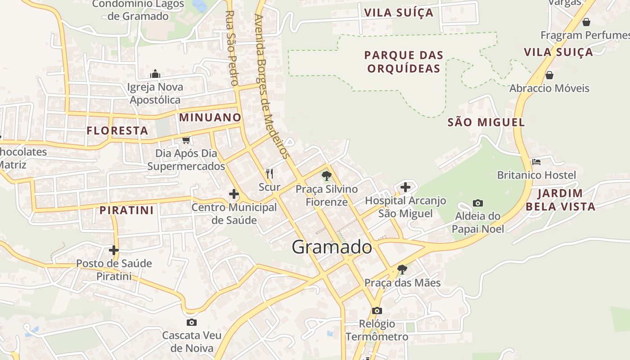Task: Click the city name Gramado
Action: (x=332, y=247)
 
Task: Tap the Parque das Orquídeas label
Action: (x=404, y=62)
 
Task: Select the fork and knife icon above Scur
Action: (x=270, y=173)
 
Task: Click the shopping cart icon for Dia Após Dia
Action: (x=186, y=140)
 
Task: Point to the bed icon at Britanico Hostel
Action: (x=536, y=162)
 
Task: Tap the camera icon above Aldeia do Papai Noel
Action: (x=478, y=203)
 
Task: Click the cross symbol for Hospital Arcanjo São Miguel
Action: (x=405, y=187)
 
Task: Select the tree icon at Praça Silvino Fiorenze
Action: (x=327, y=176)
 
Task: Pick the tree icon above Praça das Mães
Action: (x=402, y=270)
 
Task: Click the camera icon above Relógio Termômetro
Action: (x=377, y=310)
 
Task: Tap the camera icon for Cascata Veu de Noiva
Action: (x=192, y=322)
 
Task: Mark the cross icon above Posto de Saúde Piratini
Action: (x=114, y=250)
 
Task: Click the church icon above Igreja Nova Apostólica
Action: (x=155, y=74)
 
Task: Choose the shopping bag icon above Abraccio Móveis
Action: (x=549, y=75)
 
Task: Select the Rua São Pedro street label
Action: (x=231, y=48)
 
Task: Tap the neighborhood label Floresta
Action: (x=117, y=131)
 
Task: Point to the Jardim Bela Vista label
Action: (x=560, y=200)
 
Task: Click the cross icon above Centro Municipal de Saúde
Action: (x=234, y=194)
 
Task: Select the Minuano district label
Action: (x=210, y=117)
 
